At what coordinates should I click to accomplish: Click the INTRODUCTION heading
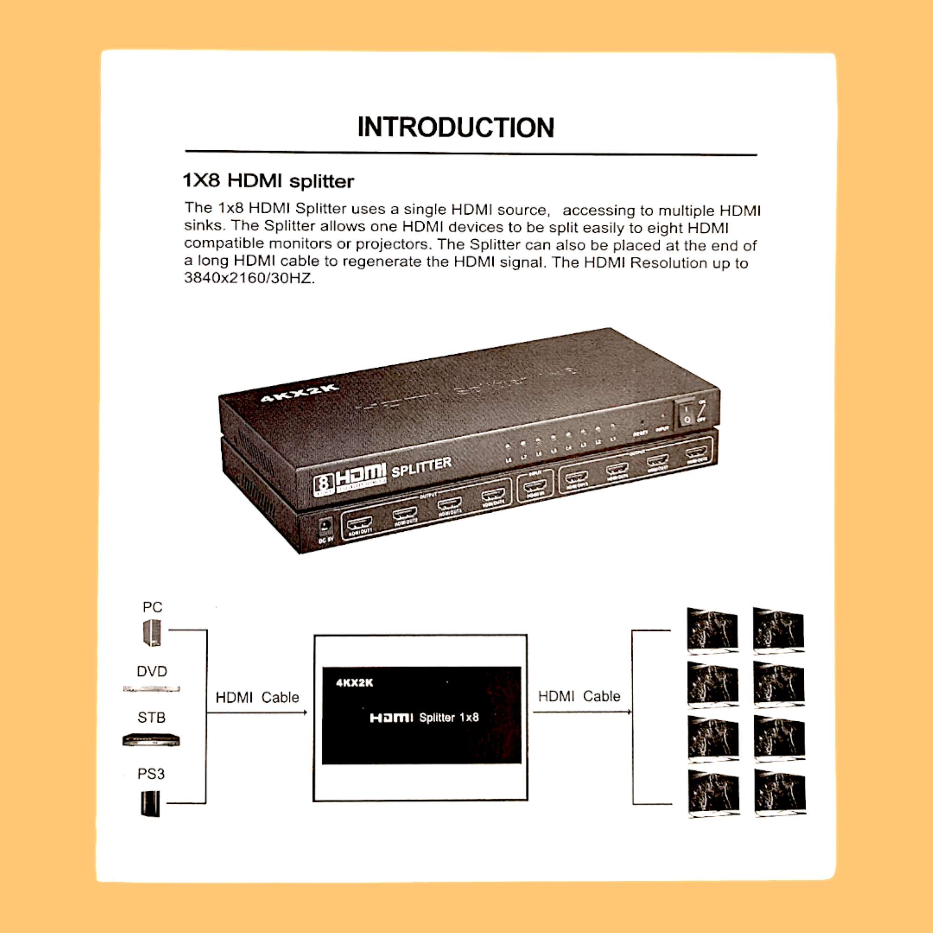(455, 127)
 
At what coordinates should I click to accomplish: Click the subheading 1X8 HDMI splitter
(268, 181)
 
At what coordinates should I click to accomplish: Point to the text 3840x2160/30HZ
(249, 279)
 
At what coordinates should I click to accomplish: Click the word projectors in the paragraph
(392, 244)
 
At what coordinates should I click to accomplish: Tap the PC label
(152, 607)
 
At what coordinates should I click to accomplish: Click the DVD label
(152, 671)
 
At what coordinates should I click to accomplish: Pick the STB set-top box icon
(151, 740)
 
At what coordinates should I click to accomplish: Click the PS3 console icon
(150, 804)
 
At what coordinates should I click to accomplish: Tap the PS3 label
(151, 774)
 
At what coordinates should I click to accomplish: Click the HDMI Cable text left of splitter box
(257, 697)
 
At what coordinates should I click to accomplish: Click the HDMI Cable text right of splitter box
(579, 696)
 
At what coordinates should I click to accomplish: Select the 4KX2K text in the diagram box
(355, 682)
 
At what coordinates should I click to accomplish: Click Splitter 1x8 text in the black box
(449, 717)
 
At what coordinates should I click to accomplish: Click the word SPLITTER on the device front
(421, 467)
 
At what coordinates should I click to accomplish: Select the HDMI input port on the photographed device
(535, 486)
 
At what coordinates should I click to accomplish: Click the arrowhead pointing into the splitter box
(305, 712)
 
